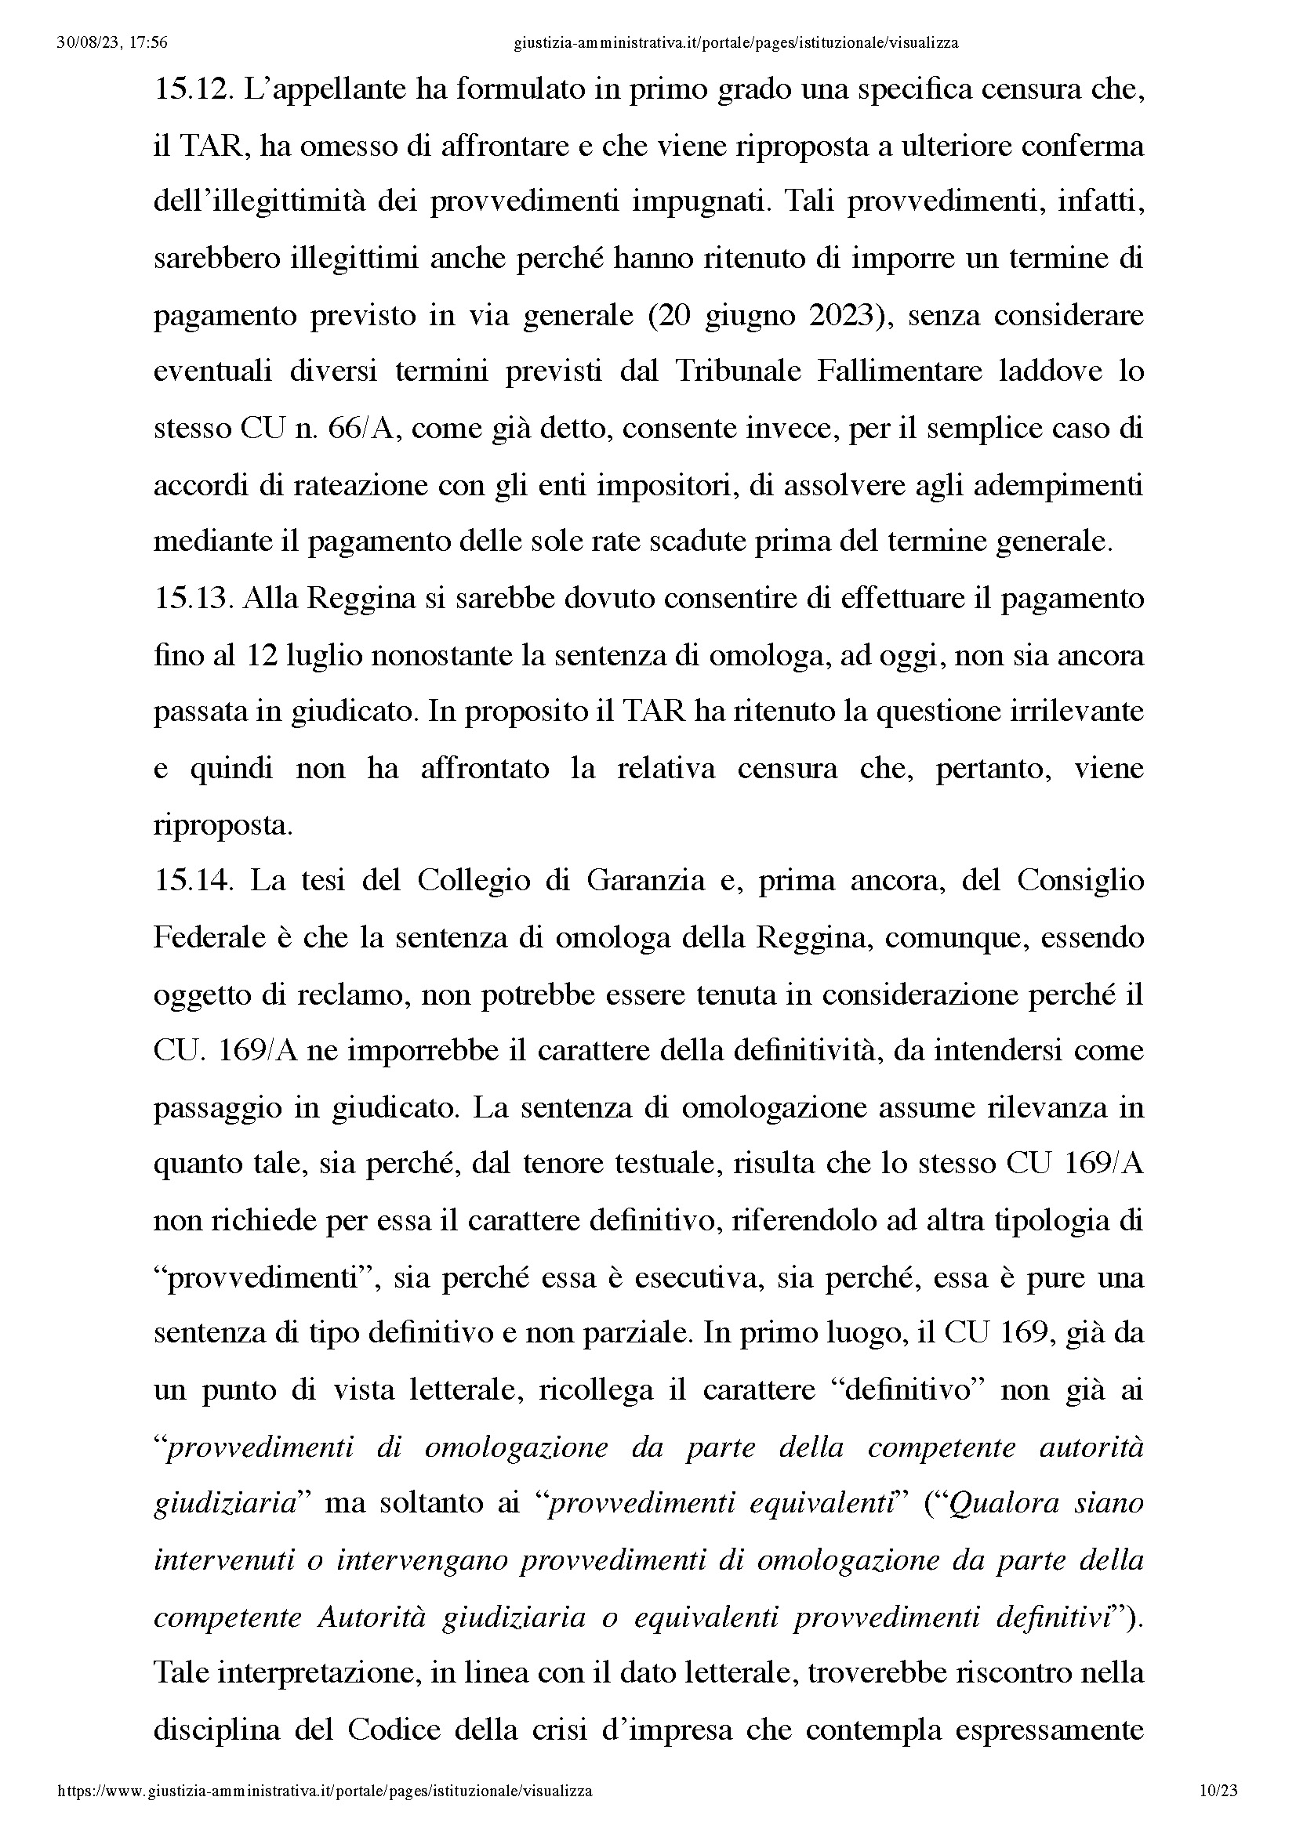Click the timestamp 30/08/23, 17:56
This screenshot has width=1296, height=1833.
112,43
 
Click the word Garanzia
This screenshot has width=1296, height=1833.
645,882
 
